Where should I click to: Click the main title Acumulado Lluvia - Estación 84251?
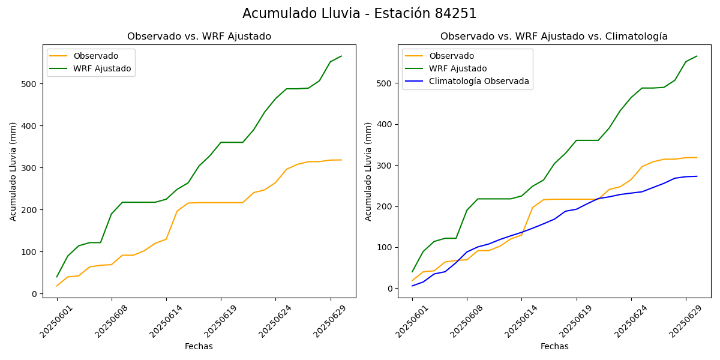(x=359, y=14)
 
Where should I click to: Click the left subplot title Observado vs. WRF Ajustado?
(x=199, y=37)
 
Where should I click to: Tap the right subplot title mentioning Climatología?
(x=554, y=37)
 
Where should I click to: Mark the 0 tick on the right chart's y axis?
(x=389, y=289)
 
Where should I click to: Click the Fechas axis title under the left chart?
(x=199, y=346)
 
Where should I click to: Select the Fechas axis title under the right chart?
(x=554, y=346)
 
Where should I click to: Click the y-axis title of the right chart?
(x=368, y=171)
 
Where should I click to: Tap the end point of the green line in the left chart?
(x=341, y=56)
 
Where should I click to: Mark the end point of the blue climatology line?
(x=697, y=176)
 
